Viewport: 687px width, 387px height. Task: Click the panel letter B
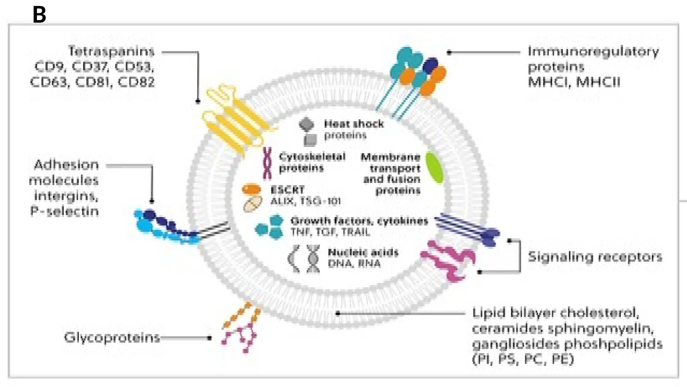click(39, 15)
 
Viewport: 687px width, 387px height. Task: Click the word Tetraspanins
click(111, 51)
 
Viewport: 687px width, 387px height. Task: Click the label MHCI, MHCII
click(574, 82)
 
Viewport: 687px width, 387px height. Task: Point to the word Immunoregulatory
click(593, 51)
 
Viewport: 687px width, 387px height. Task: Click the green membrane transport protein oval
click(434, 168)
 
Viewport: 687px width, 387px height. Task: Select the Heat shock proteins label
click(353, 129)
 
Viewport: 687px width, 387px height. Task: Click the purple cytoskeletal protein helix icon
click(267, 163)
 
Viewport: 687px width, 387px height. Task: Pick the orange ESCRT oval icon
click(252, 189)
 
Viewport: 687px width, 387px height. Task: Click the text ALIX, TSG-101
click(306, 201)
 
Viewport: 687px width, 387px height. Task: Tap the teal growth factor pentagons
click(270, 227)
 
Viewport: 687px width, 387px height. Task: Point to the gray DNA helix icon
click(313, 258)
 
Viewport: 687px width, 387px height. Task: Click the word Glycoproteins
click(112, 337)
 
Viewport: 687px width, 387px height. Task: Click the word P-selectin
click(65, 211)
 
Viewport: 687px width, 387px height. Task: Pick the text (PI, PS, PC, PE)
click(523, 359)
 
